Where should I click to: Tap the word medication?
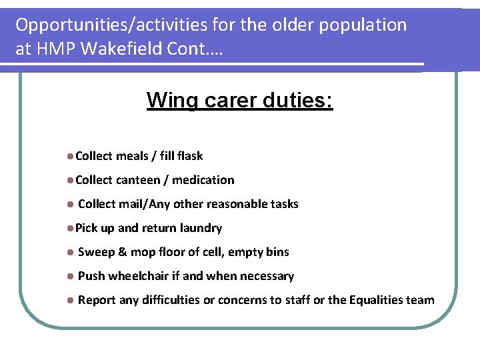(x=203, y=180)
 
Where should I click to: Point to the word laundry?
(x=201, y=228)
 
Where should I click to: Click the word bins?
(x=277, y=252)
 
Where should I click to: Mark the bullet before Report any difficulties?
(x=71, y=300)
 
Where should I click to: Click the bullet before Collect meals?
(x=71, y=156)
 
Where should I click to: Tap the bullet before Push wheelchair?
(x=71, y=276)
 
